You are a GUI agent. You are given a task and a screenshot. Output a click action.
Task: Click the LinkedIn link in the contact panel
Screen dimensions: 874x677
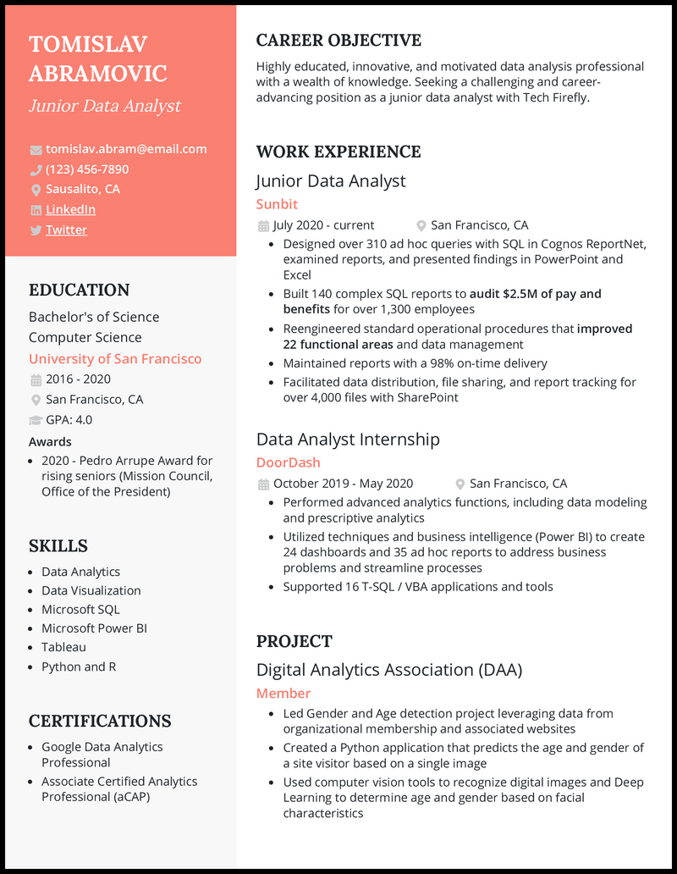[x=70, y=209]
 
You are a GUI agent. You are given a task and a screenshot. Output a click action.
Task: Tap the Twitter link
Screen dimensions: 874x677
[x=66, y=230]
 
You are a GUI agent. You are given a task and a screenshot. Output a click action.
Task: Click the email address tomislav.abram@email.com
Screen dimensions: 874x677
[x=126, y=149]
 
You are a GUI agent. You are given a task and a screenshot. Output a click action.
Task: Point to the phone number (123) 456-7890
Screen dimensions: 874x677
[x=87, y=169]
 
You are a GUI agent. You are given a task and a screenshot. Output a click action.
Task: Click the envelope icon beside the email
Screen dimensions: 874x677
[x=36, y=150]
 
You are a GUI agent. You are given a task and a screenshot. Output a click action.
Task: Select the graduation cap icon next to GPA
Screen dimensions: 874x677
[x=36, y=420]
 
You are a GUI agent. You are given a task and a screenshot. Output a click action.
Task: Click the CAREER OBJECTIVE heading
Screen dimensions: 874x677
[x=338, y=41]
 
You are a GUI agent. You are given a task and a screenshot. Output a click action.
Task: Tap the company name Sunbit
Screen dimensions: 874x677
[x=277, y=204]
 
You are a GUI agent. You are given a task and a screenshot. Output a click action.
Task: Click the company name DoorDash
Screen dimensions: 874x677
[x=288, y=462]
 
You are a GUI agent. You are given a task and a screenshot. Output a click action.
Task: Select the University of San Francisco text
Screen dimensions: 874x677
[x=115, y=359]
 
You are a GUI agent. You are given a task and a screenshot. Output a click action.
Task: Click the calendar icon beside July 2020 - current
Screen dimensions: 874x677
[x=263, y=226]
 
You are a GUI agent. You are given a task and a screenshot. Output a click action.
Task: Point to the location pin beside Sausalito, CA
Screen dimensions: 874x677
[x=36, y=190]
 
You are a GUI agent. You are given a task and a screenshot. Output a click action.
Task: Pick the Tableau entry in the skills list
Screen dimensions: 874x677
[x=63, y=647]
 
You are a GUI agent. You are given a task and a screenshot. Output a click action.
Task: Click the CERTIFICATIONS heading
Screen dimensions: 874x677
[x=100, y=721]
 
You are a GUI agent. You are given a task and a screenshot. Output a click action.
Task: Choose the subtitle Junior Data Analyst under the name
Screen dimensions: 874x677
[x=105, y=106]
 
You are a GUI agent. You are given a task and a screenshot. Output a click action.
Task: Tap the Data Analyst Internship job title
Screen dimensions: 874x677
[x=348, y=439]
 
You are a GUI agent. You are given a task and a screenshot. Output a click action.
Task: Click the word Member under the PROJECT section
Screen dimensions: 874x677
[x=283, y=693]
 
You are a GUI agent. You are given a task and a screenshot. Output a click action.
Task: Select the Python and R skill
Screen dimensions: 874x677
[x=79, y=667]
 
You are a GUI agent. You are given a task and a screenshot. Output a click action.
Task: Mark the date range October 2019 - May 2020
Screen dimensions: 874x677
[x=343, y=484]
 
